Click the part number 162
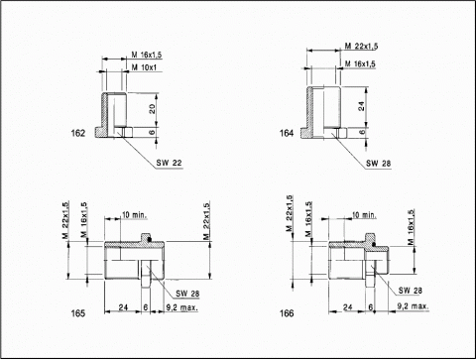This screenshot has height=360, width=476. [x=78, y=133]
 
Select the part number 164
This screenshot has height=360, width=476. [x=287, y=133]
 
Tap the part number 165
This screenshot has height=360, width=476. [x=78, y=313]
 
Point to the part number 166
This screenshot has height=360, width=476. [x=287, y=313]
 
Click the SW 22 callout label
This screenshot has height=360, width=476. [x=169, y=163]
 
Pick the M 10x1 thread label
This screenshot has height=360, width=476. [x=144, y=67]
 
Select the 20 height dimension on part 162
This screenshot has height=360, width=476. [x=152, y=109]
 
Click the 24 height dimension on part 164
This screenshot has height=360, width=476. [x=362, y=106]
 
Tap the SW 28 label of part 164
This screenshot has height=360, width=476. [x=378, y=164]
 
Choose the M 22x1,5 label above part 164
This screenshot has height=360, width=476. [x=361, y=46]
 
